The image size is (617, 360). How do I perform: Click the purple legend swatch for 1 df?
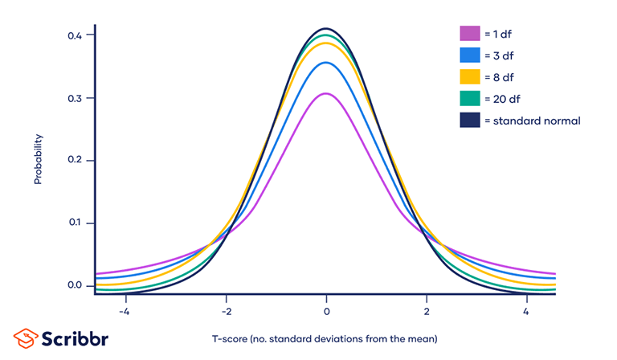point(470,34)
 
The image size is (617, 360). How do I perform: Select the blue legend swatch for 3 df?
point(470,55)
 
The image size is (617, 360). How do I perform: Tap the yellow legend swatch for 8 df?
point(470,77)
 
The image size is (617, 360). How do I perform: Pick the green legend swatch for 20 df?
point(470,99)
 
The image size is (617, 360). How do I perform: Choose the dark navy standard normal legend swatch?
point(470,121)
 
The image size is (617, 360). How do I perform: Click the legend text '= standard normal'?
point(532,121)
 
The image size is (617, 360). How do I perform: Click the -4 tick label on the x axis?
point(124,311)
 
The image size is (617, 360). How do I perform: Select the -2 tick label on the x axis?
point(226,311)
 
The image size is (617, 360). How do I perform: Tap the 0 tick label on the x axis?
point(326,311)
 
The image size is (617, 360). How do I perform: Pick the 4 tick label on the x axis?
point(526,311)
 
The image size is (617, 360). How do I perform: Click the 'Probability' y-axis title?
point(38,159)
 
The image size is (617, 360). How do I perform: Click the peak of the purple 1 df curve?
point(326,93)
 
